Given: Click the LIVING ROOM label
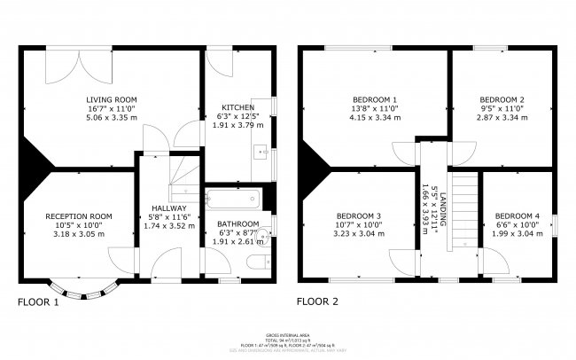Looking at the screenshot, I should (112, 99).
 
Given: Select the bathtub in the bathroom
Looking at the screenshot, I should (231, 199).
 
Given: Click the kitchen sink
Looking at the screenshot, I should (261, 153).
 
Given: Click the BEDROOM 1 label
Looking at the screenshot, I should (375, 99).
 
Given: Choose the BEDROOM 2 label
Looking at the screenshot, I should (502, 99).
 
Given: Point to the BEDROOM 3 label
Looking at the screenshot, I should (360, 216).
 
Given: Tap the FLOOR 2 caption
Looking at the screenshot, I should (317, 301).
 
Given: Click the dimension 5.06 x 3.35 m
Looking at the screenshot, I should (112, 117).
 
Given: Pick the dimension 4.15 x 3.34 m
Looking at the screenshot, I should (375, 117).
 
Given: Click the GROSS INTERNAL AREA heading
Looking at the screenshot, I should (288, 335).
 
